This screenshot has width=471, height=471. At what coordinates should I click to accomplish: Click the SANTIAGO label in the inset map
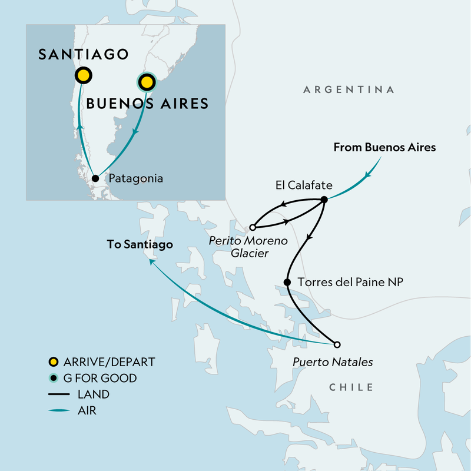[x=83, y=55]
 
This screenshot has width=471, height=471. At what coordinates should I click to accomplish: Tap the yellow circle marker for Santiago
[x=83, y=75]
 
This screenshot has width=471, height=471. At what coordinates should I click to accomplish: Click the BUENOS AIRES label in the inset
[x=147, y=104]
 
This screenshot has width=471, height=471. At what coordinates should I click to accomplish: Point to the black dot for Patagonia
[x=95, y=178]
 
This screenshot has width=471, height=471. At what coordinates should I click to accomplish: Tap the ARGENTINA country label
[x=349, y=89]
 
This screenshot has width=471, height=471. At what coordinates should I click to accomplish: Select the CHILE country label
[x=351, y=387]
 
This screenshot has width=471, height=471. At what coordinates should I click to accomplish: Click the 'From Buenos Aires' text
[x=384, y=148]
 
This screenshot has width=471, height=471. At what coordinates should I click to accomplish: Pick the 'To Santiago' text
[x=140, y=244]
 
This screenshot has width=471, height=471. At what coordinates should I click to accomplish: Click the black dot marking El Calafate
[x=324, y=200]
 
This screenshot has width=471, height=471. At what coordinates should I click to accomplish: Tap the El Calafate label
[x=303, y=186]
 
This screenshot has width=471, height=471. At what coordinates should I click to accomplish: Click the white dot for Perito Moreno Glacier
[x=252, y=227]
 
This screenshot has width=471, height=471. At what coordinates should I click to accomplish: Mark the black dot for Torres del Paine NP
[x=287, y=283]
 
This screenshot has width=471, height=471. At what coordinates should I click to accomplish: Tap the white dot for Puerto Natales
[x=337, y=344]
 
